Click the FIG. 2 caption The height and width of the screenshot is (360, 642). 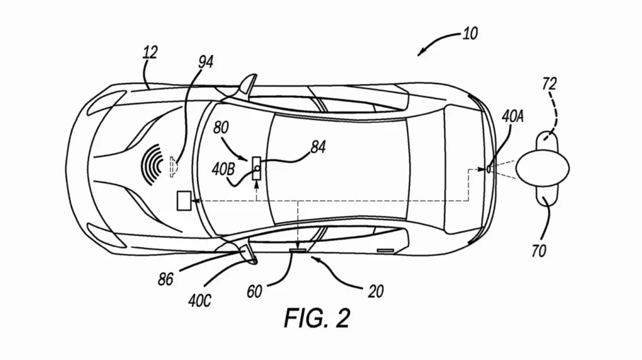click(317, 318)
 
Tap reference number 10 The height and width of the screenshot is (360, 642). click(470, 33)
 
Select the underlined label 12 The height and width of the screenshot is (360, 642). click(150, 52)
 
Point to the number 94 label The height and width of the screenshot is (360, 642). click(206, 61)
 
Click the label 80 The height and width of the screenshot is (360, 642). click(221, 128)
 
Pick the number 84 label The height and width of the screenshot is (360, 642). click(318, 147)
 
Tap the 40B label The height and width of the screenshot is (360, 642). click(223, 169)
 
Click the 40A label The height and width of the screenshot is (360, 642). click(513, 117)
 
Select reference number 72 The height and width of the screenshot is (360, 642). click(549, 84)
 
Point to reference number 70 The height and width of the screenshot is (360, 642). click(539, 250)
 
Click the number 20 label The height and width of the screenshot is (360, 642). click(376, 291)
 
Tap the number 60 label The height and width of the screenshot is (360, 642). click(254, 291)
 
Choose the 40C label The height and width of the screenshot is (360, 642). click(199, 301)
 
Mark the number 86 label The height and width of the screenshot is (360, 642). click(166, 279)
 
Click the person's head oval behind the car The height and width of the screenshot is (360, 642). click(542, 168)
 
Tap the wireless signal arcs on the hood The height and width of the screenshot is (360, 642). click(152, 165)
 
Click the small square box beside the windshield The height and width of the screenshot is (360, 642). click(184, 201)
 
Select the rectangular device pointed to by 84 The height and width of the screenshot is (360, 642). click(256, 168)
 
